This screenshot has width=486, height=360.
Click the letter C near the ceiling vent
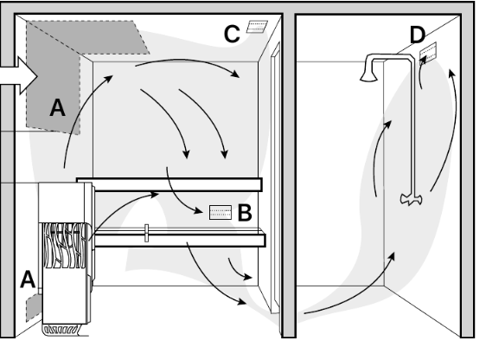click(232, 34)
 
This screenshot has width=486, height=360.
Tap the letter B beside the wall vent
click(245, 213)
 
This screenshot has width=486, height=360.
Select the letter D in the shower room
click(417, 35)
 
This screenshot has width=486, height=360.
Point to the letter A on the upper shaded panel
click(58, 107)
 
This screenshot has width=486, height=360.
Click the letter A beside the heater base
click(28, 280)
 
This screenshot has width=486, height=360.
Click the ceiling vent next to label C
click(257, 27)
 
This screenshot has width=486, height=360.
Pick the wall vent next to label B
click(221, 212)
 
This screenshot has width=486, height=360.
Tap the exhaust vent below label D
click(428, 54)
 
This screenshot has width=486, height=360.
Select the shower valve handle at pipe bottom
click(412, 199)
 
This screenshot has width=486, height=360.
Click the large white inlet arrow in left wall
click(19, 76)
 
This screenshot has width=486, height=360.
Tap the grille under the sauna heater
click(61, 331)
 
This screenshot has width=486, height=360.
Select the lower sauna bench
click(180, 241)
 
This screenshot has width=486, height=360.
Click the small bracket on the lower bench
click(147, 233)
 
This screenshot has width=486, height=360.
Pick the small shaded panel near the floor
click(34, 307)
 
